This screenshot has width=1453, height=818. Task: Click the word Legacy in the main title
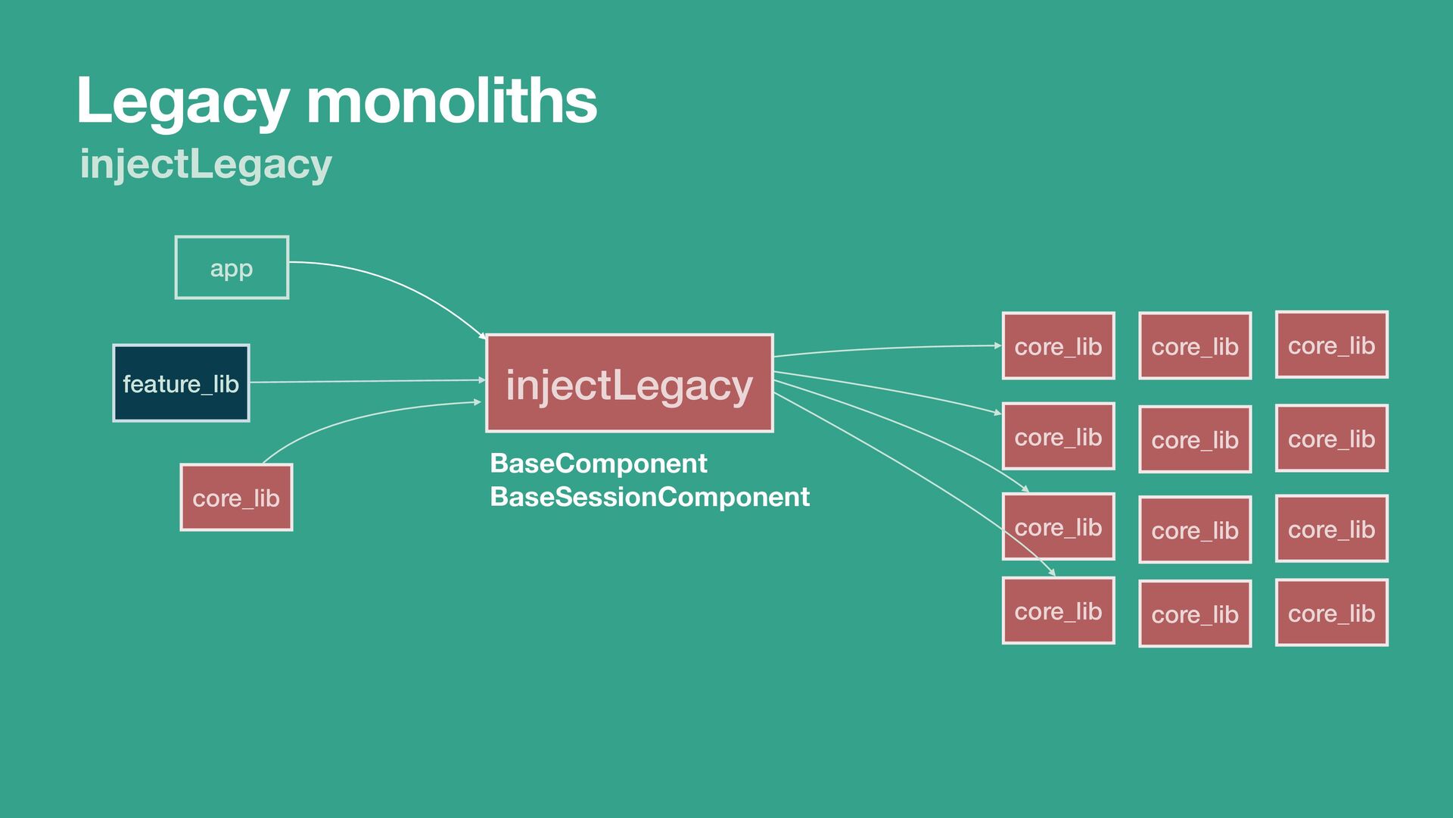(182, 102)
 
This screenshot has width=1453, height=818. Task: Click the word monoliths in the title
(452, 101)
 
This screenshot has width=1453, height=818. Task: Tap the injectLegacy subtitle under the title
(206, 164)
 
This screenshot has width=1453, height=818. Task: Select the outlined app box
(232, 267)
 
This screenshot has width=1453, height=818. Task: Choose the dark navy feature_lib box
(181, 383)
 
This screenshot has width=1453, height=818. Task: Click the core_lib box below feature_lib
(236, 498)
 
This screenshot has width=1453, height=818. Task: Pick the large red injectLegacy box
(629, 383)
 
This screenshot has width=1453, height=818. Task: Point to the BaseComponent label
(598, 463)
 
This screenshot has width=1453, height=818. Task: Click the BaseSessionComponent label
(649, 497)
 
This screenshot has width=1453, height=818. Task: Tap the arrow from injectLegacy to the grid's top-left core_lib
(885, 348)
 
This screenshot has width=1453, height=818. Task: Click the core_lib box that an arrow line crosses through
(1058, 527)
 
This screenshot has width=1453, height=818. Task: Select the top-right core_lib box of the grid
(1331, 345)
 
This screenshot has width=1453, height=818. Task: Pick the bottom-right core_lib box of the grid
(1331, 613)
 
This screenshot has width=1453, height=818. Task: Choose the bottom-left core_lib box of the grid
(1058, 611)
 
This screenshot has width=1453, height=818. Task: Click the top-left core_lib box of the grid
(1058, 346)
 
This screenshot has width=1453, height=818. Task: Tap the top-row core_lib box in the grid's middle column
(1195, 346)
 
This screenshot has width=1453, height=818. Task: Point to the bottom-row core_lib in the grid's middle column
(1195, 613)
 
